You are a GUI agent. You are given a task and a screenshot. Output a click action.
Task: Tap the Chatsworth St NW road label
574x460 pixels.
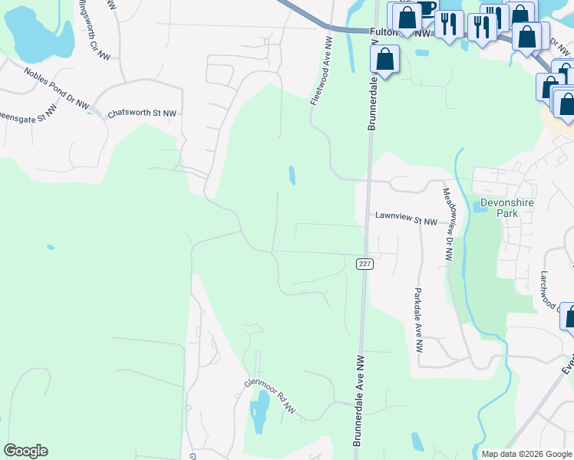(142, 113)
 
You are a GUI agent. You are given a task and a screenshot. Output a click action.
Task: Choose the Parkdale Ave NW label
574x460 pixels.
(418, 320)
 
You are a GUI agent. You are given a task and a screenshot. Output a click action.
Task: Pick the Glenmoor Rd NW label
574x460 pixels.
(270, 396)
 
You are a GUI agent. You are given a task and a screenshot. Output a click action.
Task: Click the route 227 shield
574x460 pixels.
(365, 264)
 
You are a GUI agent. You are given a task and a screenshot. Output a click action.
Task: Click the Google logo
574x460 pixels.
(25, 451)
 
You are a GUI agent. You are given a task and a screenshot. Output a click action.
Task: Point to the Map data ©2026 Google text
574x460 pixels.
(526, 454)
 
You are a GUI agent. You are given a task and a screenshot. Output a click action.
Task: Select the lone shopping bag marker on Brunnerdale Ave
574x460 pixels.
(384, 58)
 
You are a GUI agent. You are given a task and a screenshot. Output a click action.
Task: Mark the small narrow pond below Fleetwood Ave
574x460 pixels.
(292, 176)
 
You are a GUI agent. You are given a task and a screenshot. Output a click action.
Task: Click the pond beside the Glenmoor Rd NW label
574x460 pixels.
(260, 414)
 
